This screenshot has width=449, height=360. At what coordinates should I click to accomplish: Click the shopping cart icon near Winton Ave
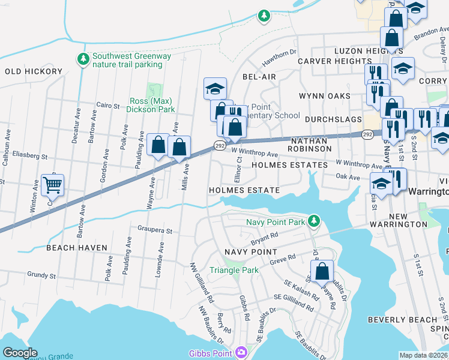pyautogui.click(x=53, y=185)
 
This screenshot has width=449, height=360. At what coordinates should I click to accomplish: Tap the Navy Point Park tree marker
pyautogui.click(x=313, y=221)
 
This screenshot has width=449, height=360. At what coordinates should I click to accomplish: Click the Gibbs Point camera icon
pyautogui.click(x=241, y=352)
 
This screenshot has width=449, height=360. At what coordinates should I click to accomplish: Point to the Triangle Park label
pyautogui.click(x=233, y=270)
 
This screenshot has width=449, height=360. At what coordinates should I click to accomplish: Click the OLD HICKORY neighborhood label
pyautogui.click(x=34, y=71)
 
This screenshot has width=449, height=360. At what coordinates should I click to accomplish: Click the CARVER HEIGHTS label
pyautogui.click(x=327, y=61)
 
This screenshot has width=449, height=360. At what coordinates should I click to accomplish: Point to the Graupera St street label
pyautogui.click(x=155, y=230)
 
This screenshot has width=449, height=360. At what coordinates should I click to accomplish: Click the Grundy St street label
pyautogui.click(x=41, y=276)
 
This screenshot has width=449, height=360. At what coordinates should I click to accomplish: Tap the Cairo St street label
pyautogui.click(x=109, y=106)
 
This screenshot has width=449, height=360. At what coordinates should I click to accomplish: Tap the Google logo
pyautogui.click(x=20, y=353)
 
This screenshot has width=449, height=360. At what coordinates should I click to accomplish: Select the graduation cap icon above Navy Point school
pyautogui.click(x=215, y=88)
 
